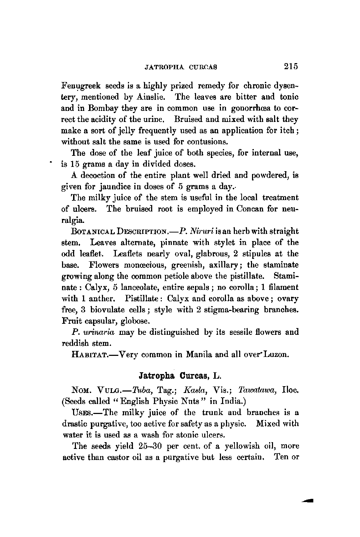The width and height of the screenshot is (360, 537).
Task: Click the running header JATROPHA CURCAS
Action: pyautogui.click(x=177, y=67)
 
